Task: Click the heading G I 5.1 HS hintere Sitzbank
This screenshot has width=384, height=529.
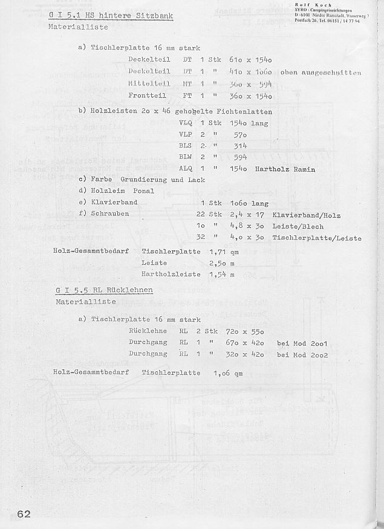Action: pos(111,15)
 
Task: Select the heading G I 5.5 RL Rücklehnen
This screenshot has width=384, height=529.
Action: pos(104,290)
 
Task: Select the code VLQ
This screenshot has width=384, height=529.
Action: pos(186,122)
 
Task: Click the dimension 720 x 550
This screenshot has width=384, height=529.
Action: pos(250,332)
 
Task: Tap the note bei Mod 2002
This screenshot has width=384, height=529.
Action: pos(302,355)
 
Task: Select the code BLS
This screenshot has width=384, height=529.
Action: pos(186,146)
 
